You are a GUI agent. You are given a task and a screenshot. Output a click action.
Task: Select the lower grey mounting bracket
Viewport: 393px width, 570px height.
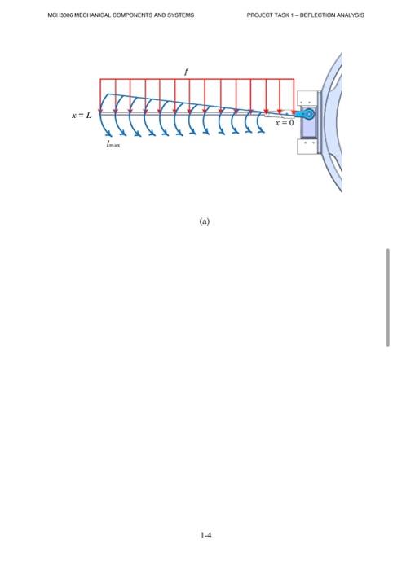click(308, 146)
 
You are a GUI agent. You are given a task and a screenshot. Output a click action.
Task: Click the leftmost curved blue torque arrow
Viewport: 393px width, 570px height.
click(104, 123)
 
